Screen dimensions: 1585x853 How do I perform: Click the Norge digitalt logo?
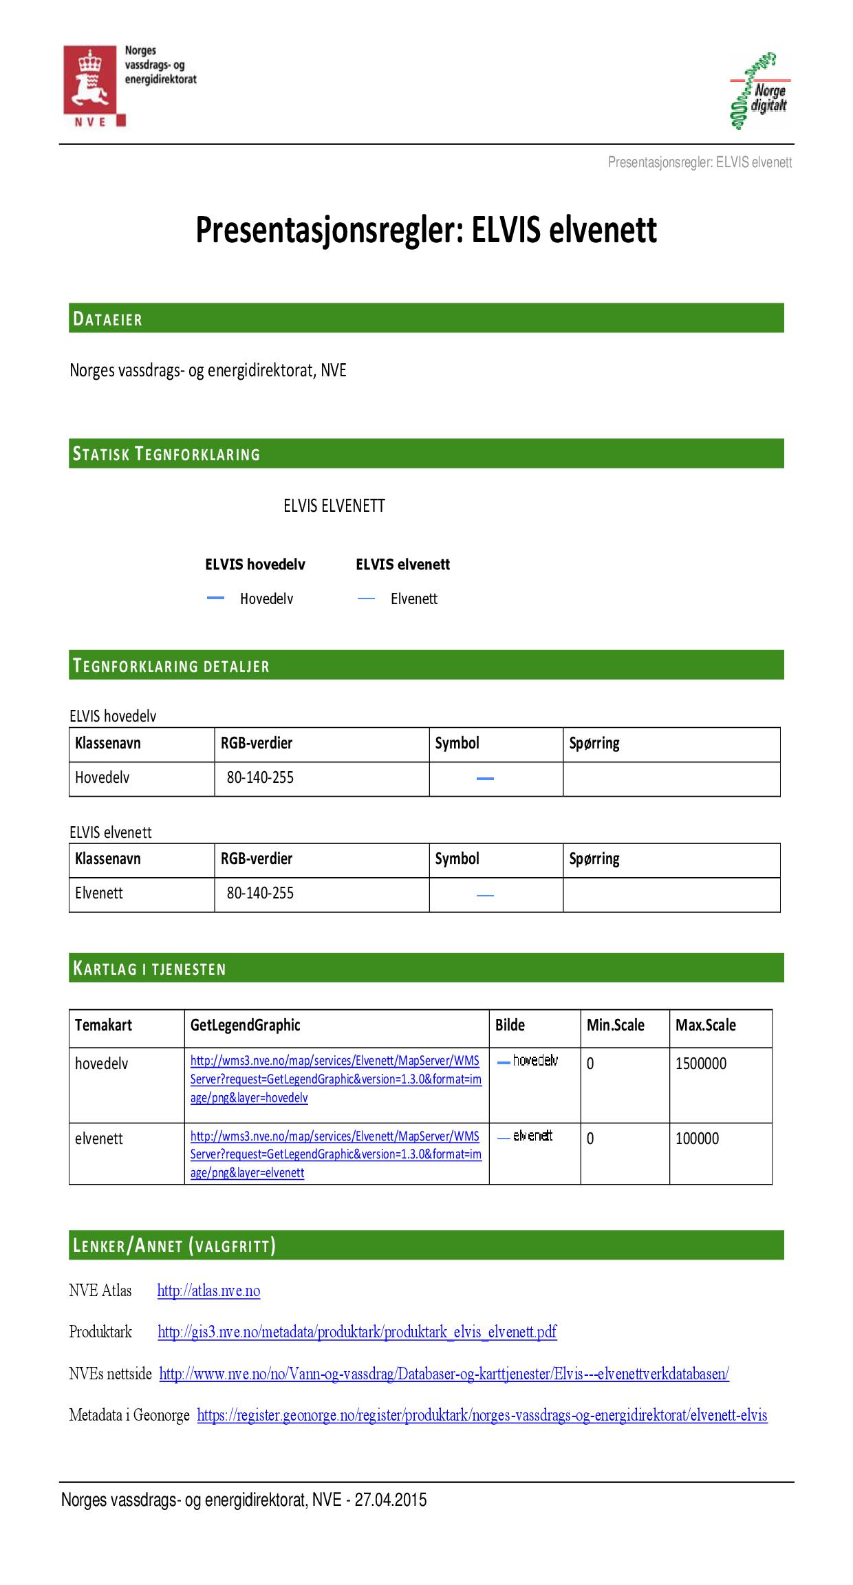pos(759,92)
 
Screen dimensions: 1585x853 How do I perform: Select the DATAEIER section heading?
pos(108,319)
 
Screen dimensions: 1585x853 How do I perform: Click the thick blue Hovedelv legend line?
pos(216,599)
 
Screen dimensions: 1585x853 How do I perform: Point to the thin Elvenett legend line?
pos(366,599)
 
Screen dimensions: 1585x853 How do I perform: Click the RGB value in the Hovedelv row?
pos(260,777)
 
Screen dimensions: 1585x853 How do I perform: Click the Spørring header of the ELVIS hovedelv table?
pos(594,743)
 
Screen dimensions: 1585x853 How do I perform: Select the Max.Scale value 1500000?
pos(701,1064)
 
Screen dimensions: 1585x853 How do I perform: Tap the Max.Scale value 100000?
pos(697,1139)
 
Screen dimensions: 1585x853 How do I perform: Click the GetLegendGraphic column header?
pos(246,1025)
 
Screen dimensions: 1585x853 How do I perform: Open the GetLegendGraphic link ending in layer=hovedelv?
pos(336,1079)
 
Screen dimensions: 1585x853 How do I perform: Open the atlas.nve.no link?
pos(208,1291)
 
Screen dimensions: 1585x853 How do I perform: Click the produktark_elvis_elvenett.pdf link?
pos(357,1332)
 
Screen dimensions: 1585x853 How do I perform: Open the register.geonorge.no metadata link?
pos(482,1415)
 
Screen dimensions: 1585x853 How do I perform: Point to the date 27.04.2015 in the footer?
pos(390,1500)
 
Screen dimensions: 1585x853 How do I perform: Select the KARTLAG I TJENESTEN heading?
pos(149,969)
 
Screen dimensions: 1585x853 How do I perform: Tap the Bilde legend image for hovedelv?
pos(528,1061)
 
